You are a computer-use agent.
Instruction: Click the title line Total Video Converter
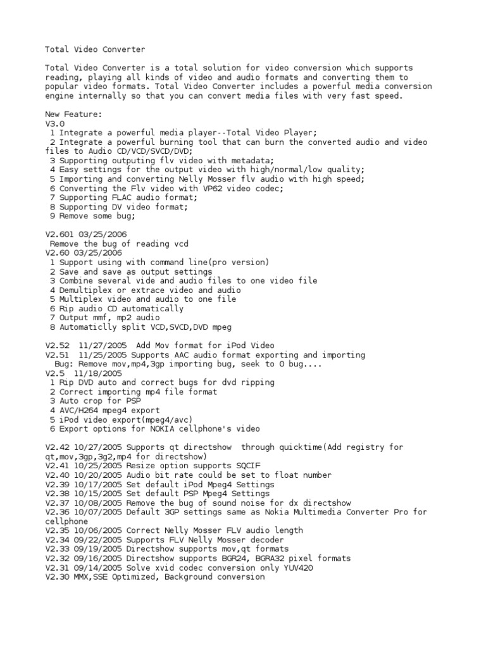click(95, 49)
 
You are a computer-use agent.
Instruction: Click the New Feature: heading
click(73, 115)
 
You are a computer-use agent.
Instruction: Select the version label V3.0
click(55, 124)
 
